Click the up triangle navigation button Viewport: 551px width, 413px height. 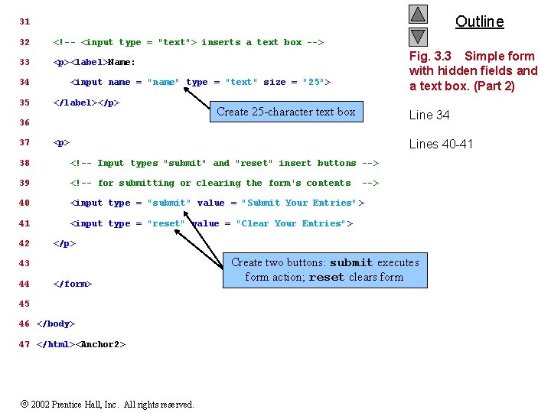pyautogui.click(x=418, y=14)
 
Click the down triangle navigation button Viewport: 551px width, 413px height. pyautogui.click(x=418, y=36)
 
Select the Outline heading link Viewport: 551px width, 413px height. pyautogui.click(x=479, y=21)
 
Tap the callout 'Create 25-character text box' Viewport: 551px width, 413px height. pyautogui.click(x=285, y=112)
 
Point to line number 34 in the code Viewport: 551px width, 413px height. pyautogui.click(x=24, y=83)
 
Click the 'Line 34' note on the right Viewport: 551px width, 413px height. pyautogui.click(x=429, y=115)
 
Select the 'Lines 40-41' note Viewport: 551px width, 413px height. pyautogui.click(x=441, y=144)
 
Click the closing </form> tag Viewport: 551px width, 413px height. pyautogui.click(x=73, y=284)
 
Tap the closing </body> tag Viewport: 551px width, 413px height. pyautogui.click(x=56, y=324)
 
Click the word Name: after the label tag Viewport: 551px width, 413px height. pyautogui.click(x=122, y=63)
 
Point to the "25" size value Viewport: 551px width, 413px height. pyautogui.click(x=314, y=83)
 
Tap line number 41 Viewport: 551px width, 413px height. pyautogui.click(x=24, y=223)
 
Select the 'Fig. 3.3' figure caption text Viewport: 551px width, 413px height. pyautogui.click(x=473, y=70)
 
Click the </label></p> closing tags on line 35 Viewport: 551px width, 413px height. pyautogui.click(x=86, y=102)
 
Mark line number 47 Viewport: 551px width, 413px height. pyautogui.click(x=24, y=344)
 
